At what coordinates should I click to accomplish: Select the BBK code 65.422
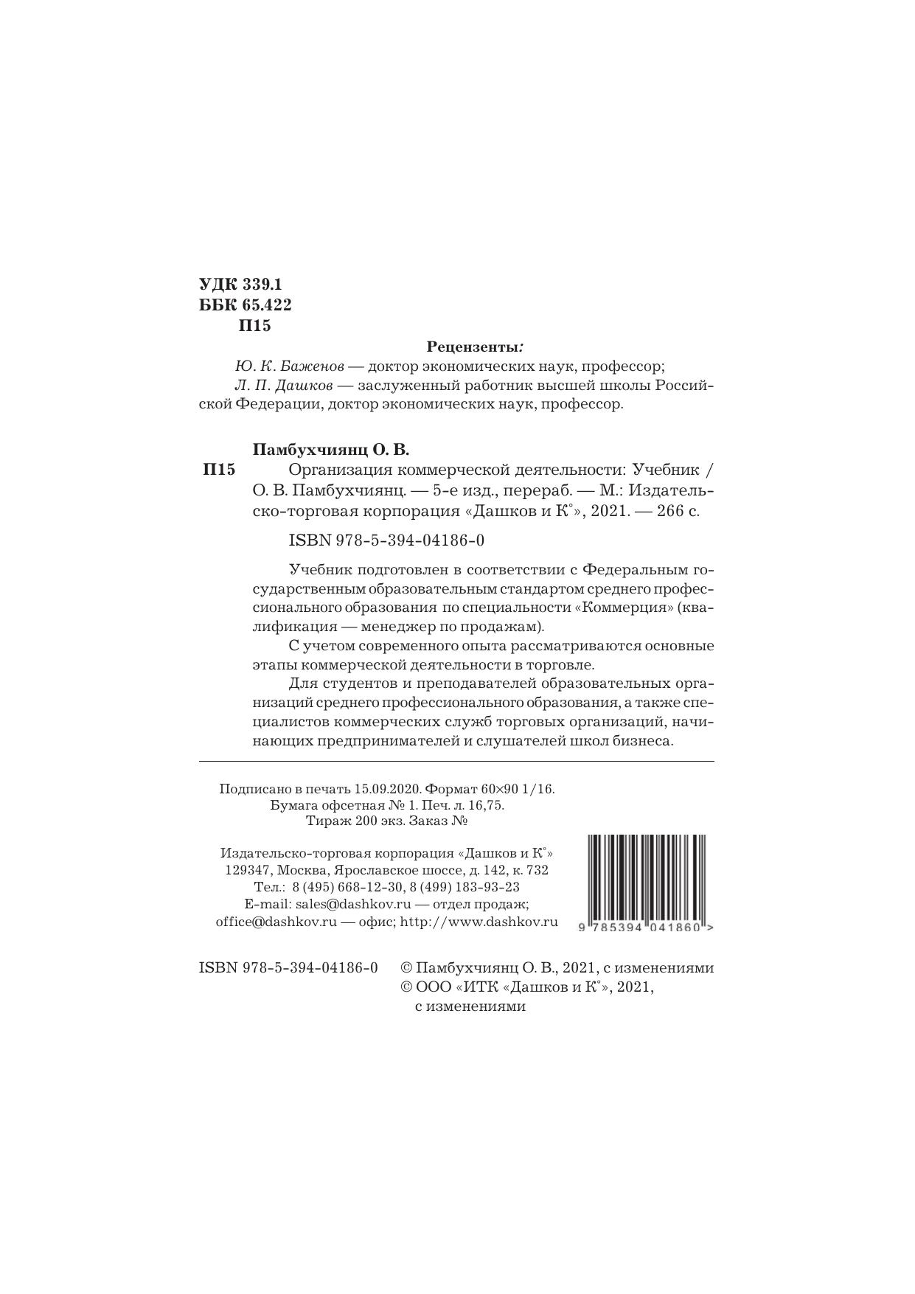tap(267, 305)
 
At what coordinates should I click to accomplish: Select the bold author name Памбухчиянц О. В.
tap(330, 449)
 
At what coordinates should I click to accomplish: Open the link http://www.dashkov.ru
tap(479, 922)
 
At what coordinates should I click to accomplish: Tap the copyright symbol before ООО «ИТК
tap(406, 987)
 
